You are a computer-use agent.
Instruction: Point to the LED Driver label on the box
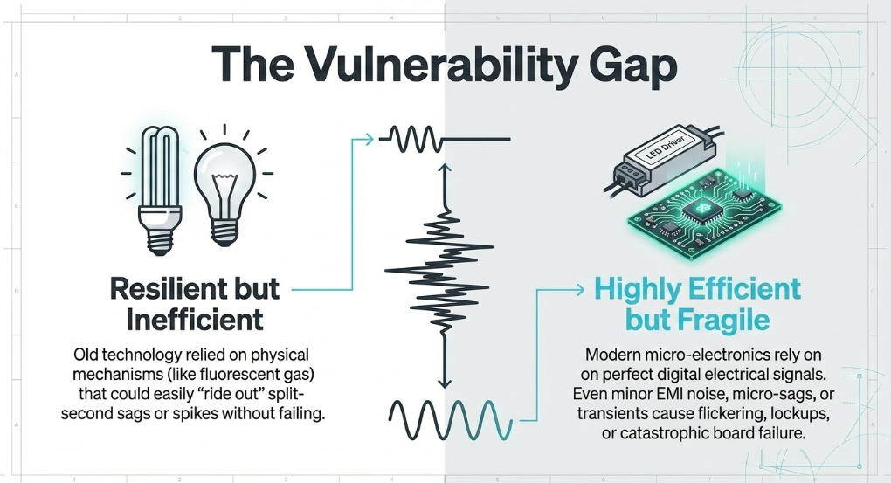pos(666,148)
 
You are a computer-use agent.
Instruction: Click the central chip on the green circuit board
pos(700,209)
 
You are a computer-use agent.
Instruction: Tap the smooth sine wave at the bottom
pos(451,419)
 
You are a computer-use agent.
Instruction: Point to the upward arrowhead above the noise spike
pos(445,169)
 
